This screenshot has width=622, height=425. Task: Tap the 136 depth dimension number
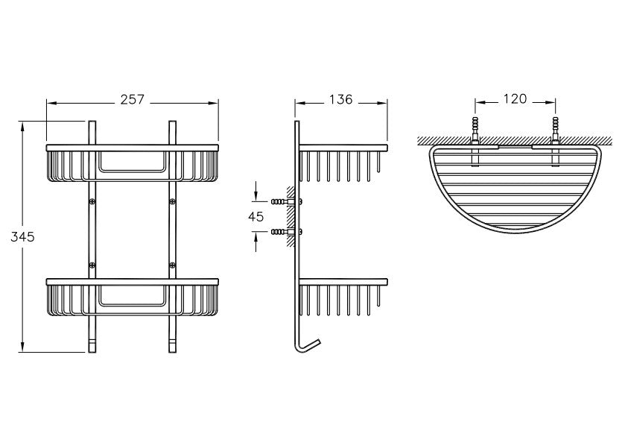point(340,100)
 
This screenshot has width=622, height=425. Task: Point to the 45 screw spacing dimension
point(256,216)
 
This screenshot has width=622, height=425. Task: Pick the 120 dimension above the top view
point(515,98)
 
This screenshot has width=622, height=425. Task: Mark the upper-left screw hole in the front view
point(92,201)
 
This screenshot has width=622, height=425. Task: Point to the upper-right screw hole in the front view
point(174,201)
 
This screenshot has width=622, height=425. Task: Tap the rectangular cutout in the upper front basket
point(133,163)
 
